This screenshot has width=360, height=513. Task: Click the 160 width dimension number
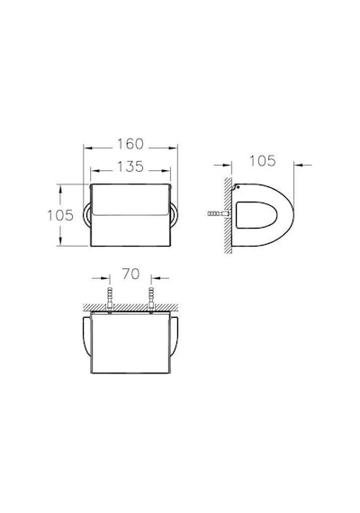click(130, 144)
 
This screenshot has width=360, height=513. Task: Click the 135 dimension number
click(130, 166)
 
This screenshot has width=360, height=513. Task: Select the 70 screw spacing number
click(130, 274)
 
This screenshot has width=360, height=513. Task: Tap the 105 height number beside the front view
click(60, 215)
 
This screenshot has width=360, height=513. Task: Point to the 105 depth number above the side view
click(263, 161)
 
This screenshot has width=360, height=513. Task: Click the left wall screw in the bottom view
click(110, 299)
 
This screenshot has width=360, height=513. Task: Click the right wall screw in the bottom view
click(151, 299)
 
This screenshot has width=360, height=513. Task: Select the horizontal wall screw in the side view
click(219, 214)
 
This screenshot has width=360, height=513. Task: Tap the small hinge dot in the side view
click(238, 187)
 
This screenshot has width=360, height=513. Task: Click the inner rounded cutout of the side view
click(256, 215)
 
